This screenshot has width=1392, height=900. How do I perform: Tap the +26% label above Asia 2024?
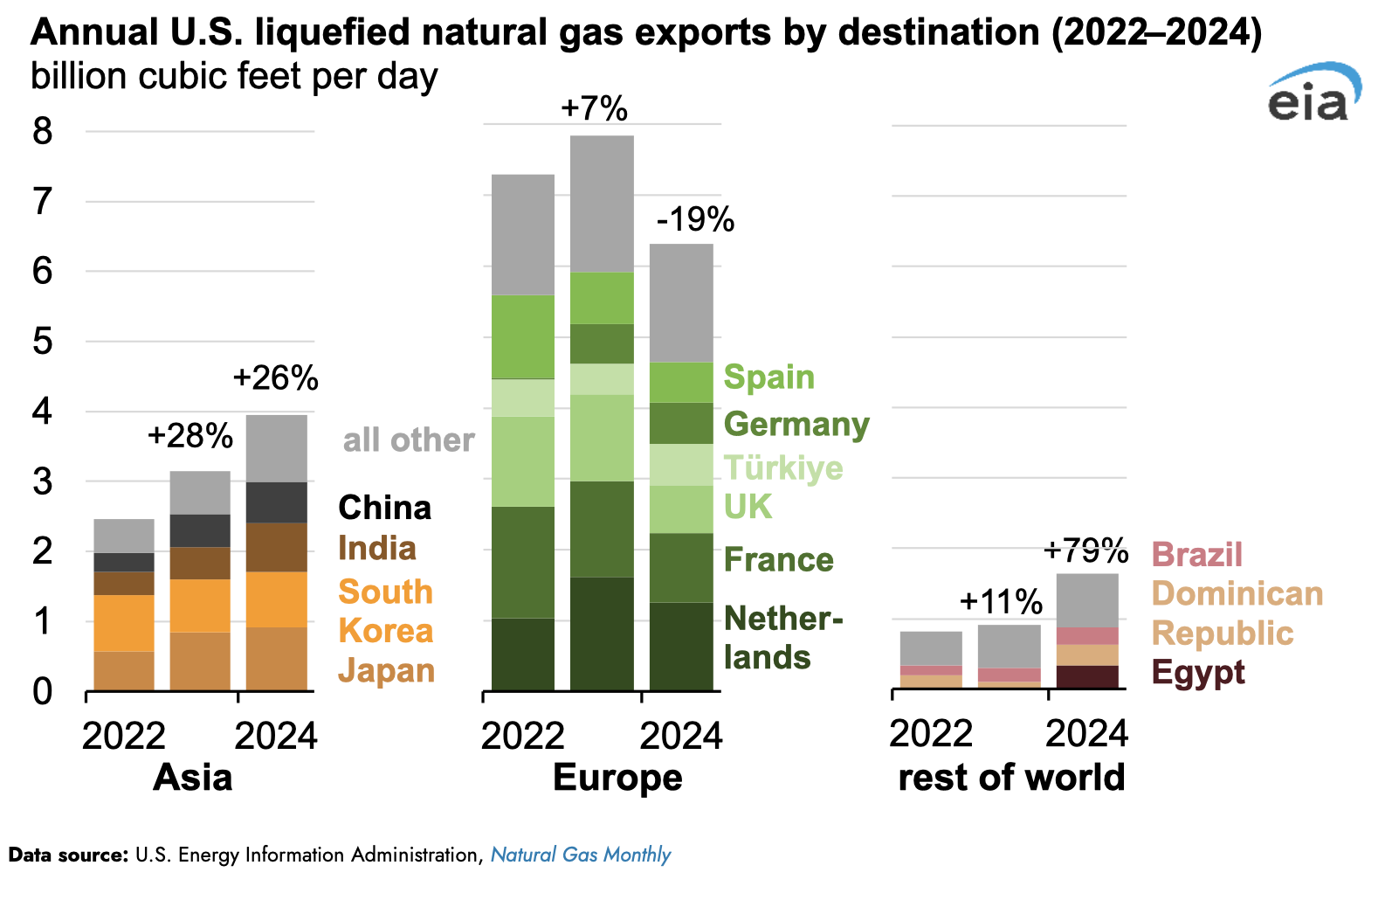(x=276, y=378)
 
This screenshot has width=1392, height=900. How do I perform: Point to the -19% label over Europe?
(x=695, y=219)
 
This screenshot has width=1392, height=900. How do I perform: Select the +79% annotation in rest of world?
(x=1085, y=550)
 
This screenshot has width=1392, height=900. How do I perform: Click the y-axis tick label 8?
(x=43, y=132)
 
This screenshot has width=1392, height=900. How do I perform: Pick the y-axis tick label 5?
(x=43, y=342)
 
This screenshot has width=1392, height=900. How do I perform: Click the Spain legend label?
(x=769, y=377)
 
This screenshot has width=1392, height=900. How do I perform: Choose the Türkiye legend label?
(x=783, y=468)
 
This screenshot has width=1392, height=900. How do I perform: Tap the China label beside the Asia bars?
(x=384, y=508)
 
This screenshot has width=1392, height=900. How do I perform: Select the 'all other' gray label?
(x=409, y=440)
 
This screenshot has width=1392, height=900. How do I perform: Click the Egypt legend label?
(x=1198, y=673)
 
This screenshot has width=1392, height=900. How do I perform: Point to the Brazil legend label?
(x=1196, y=555)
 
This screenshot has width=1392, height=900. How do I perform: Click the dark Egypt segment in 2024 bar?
(x=1087, y=677)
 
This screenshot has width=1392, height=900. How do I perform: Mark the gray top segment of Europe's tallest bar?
(x=602, y=204)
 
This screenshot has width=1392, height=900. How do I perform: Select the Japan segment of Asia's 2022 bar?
(x=124, y=671)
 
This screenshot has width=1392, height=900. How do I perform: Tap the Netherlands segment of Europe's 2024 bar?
(x=681, y=647)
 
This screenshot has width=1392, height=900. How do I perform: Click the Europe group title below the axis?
(x=617, y=778)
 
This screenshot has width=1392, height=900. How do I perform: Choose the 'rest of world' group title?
(x=1011, y=778)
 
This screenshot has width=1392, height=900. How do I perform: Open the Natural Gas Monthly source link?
(x=581, y=855)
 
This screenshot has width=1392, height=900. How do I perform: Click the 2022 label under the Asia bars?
(x=124, y=736)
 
